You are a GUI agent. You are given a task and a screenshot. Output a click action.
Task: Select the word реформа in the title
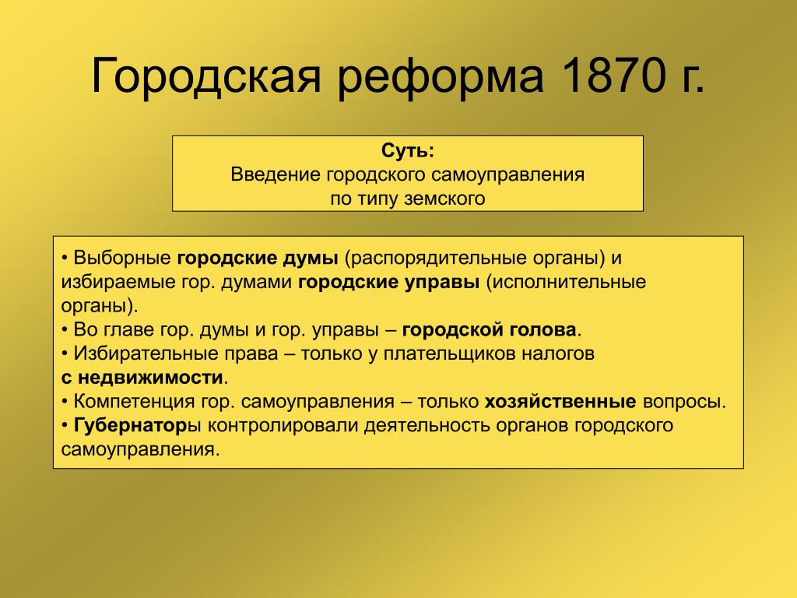point(441,79)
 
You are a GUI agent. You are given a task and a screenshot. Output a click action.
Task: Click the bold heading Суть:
point(408,150)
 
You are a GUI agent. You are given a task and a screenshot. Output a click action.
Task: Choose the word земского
point(444,199)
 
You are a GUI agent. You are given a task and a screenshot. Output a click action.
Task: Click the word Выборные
point(122,259)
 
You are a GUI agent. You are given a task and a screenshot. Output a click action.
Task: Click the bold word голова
point(540,330)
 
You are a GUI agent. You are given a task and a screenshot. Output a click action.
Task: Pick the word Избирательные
point(176,354)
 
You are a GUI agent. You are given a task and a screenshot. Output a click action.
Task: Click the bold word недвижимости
point(150,378)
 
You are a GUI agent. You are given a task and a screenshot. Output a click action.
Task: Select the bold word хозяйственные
point(560,402)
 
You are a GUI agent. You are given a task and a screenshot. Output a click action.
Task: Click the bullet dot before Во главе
point(65,330)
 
